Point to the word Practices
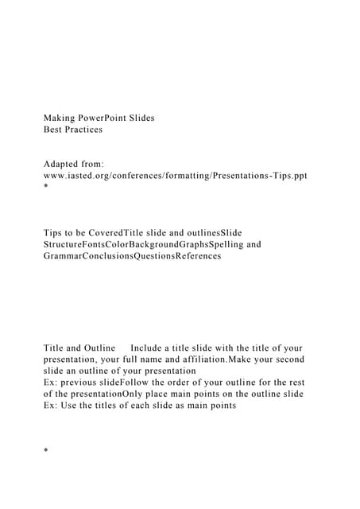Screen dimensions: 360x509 [x=86, y=129]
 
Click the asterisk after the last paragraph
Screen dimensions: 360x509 [x=46, y=452]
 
